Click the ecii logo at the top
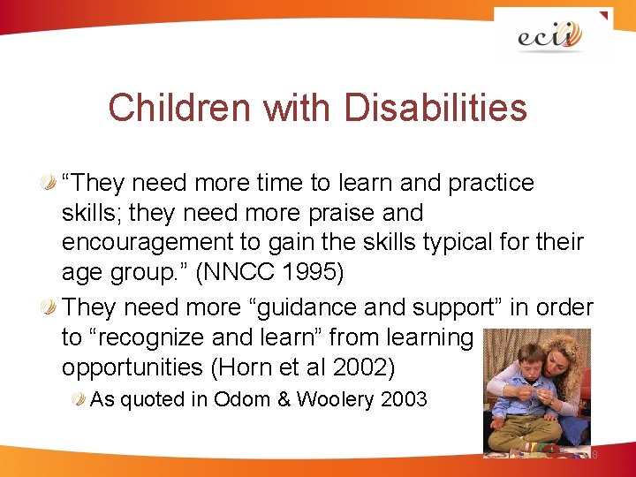click(x=550, y=36)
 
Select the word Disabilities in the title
click(x=435, y=109)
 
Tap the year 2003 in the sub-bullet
click(x=404, y=399)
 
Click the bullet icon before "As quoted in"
click(x=80, y=399)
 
